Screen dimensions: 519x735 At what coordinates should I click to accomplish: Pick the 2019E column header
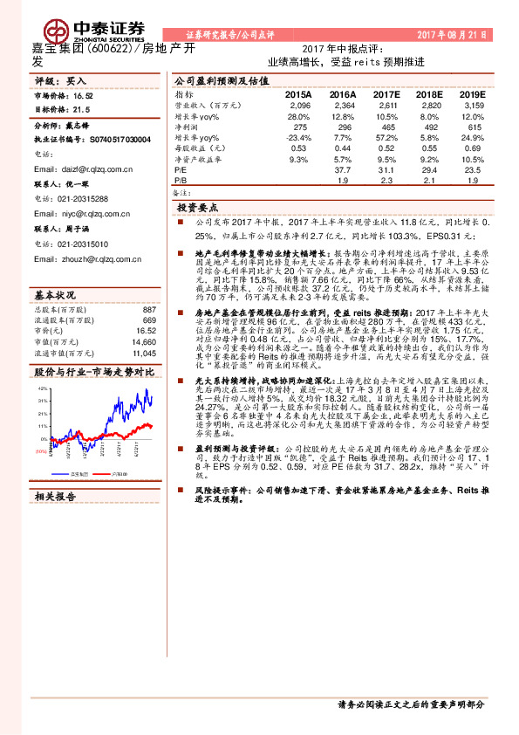point(472,93)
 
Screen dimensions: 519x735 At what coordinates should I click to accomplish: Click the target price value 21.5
point(81,111)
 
